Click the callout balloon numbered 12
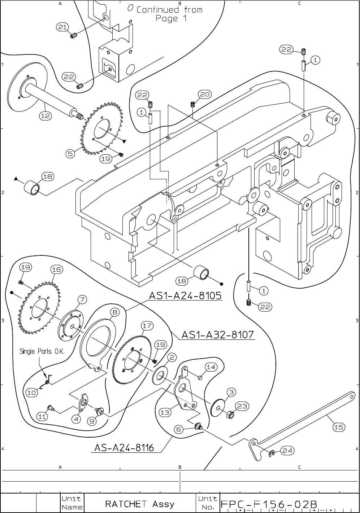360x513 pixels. pos(45,116)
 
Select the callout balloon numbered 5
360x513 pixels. pos(71,154)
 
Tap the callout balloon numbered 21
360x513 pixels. pos(62,27)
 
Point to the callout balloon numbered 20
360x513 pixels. pos(205,95)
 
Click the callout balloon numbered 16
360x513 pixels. pos(57,269)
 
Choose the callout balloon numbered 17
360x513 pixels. pos(147,325)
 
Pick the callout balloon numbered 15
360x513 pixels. pos(339,427)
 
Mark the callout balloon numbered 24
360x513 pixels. pos(287,451)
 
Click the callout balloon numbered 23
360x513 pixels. pos(242,407)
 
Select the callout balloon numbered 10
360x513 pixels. pos(32,393)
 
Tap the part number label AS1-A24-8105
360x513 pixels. pos(185,296)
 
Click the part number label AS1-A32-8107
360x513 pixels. pos(218,335)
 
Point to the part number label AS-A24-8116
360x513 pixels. pos(124,448)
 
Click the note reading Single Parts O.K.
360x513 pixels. pos(42,351)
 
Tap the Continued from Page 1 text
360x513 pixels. pos(169,14)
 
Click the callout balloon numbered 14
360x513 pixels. pos(211,367)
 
